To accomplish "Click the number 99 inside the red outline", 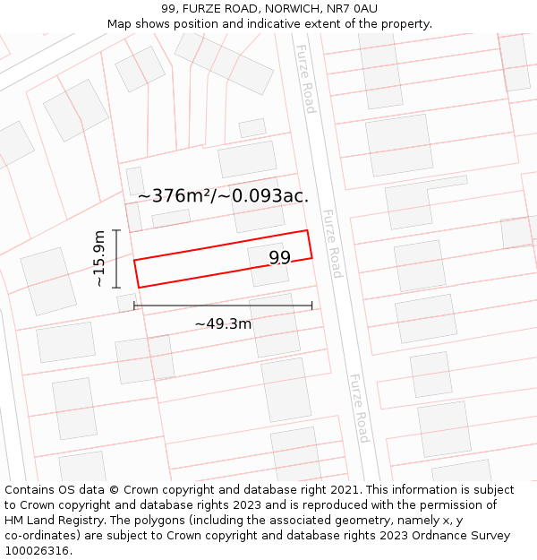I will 280,258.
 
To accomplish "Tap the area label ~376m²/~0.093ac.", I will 223,195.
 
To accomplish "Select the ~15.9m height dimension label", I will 99,259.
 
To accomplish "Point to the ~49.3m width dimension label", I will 223,323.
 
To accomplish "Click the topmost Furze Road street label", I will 306,79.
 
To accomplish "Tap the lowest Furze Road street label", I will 358,409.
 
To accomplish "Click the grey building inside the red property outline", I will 268,265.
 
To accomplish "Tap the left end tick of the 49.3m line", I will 134,306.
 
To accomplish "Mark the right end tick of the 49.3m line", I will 312,306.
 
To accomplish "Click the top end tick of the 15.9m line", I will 116,230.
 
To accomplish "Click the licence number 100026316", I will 37,551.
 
